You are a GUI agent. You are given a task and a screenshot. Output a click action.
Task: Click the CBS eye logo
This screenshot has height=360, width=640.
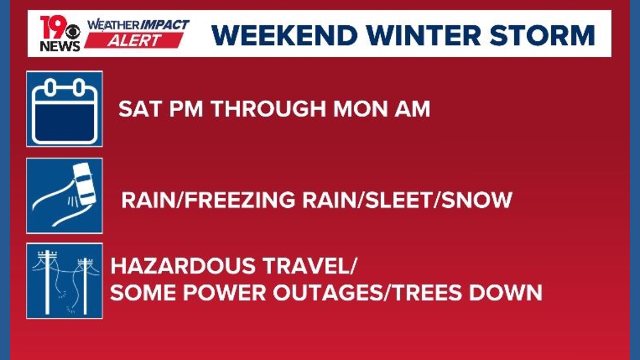[x=73, y=31]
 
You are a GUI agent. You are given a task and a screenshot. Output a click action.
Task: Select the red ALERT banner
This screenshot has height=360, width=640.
[x=134, y=40]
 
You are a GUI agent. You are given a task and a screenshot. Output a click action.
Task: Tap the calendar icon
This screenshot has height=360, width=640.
[x=65, y=109]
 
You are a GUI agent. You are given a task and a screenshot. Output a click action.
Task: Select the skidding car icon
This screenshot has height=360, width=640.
[x=65, y=195]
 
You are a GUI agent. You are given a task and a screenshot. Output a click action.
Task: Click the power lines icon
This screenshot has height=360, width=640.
[x=65, y=280]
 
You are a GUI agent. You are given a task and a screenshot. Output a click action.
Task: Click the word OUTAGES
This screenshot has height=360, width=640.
[x=323, y=293]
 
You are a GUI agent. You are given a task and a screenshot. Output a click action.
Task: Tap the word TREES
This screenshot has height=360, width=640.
[x=429, y=293]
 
